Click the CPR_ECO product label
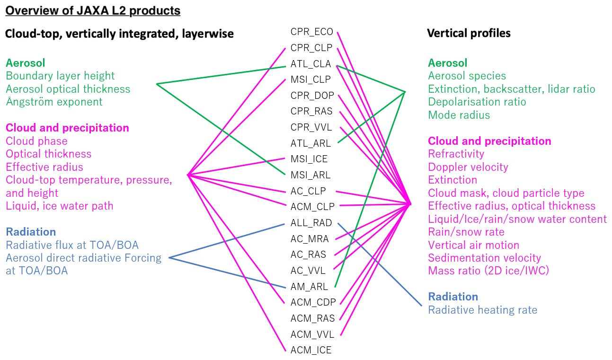tap(311, 32)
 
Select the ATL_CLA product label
tap(310, 64)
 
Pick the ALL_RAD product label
tap(311, 223)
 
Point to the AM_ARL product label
tap(309, 287)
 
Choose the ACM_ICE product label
tap(311, 350)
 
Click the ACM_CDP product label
tap(313, 302)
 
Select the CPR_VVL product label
tap(311, 128)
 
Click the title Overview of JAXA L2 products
tap(93, 11)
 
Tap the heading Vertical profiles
tap(469, 33)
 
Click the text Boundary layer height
tap(60, 76)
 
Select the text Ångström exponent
tap(54, 102)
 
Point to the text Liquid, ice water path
tap(59, 206)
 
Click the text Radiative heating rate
tap(482, 310)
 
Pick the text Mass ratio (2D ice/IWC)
tap(488, 271)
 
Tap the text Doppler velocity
tap(468, 167)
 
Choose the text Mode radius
tap(459, 115)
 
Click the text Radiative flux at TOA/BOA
tap(72, 245)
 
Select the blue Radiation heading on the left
tap(31, 232)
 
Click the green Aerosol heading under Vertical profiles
tap(447, 63)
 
